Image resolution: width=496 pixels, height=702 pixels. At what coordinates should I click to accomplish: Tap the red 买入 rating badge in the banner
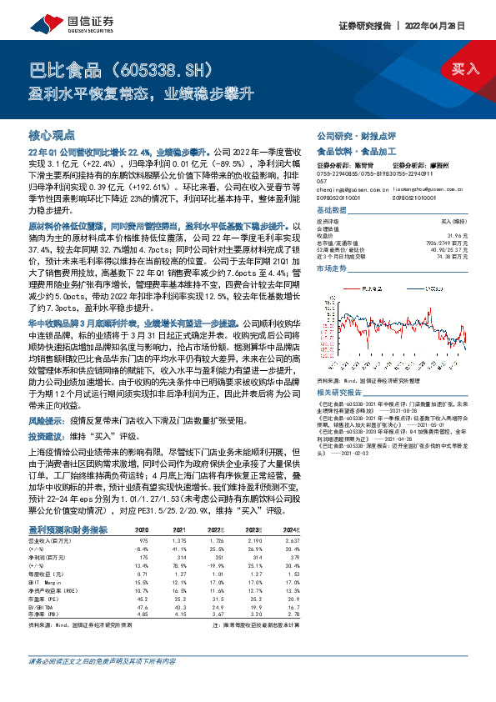(465, 68)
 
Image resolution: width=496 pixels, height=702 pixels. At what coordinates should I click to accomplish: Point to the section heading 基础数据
(332, 212)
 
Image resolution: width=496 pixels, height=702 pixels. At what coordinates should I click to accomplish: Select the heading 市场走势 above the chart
(332, 269)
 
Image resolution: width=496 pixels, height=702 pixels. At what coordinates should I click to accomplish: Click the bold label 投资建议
(46, 436)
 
